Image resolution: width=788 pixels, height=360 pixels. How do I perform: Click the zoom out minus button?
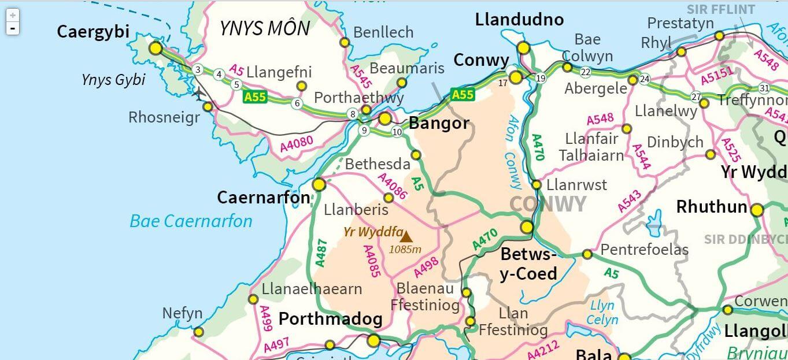tap(13, 28)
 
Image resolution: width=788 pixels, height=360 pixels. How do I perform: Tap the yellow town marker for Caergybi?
tap(156, 48)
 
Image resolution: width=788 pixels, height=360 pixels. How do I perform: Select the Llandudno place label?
tap(519, 20)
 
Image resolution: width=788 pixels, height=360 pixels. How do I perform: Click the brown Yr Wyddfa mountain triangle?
tap(406, 236)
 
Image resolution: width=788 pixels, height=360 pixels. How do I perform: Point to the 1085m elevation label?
tap(405, 250)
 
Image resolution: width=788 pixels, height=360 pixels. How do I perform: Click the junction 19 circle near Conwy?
tap(541, 79)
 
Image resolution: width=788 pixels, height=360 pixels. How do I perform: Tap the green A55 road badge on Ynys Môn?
tap(255, 97)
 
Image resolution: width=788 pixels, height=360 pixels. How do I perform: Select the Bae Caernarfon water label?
tap(191, 221)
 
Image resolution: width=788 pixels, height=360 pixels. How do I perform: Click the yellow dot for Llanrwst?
tap(537, 185)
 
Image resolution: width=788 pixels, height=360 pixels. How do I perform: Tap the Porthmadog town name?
tap(330, 319)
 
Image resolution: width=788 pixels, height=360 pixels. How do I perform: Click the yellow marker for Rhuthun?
tap(757, 210)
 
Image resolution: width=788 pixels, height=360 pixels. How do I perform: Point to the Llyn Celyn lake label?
tap(602, 312)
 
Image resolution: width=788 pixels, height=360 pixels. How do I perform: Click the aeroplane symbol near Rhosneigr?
tap(199, 92)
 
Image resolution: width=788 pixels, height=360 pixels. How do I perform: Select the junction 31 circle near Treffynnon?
tap(764, 88)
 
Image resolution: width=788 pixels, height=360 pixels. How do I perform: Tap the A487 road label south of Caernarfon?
tap(321, 253)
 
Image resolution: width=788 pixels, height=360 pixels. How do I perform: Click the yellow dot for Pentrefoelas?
tap(587, 254)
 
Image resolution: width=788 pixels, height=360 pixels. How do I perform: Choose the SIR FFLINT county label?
tap(720, 10)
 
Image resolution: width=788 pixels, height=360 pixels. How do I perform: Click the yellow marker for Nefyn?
tap(198, 332)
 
